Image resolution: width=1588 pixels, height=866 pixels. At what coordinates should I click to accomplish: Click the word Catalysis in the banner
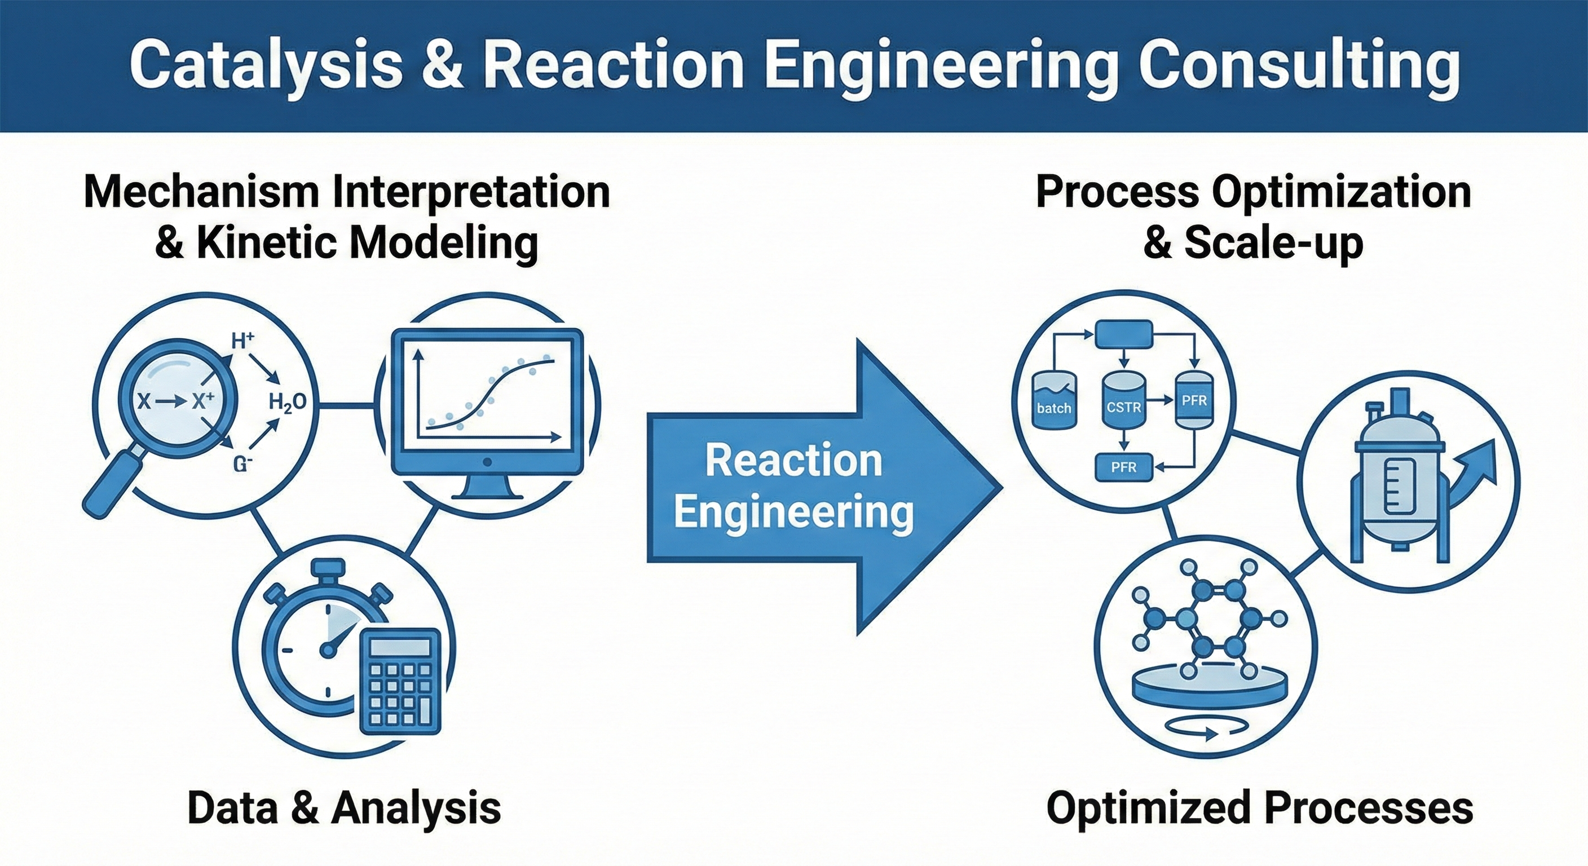266,65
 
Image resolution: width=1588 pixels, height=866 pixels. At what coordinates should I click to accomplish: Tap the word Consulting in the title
1298,65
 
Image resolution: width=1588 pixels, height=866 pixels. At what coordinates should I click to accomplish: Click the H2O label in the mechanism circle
287,403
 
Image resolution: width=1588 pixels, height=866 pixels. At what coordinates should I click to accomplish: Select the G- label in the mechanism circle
243,464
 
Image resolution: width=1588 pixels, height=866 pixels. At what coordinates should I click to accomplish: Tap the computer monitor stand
487,487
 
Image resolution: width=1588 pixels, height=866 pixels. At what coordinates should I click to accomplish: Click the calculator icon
400,681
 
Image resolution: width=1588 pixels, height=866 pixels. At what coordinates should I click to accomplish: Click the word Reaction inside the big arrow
793,461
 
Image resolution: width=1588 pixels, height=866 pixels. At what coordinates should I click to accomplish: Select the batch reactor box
1053,401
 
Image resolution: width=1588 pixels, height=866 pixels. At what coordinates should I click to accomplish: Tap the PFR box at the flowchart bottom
1123,467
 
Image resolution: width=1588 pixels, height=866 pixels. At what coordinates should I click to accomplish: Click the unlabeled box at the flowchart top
1123,335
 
